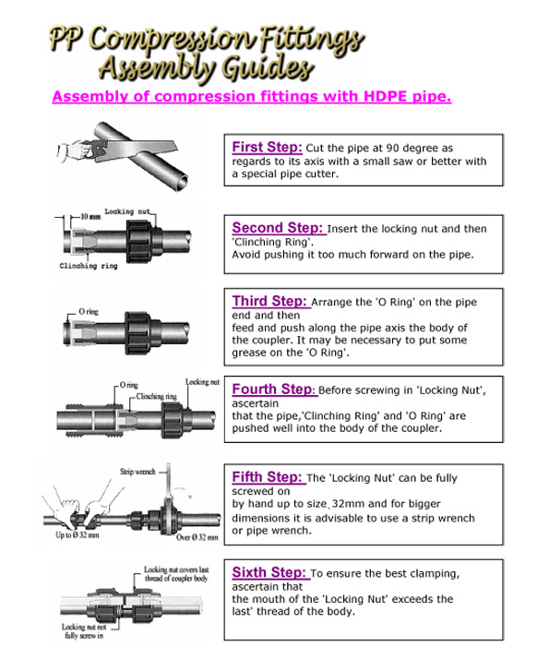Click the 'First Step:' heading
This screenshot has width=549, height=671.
pyautogui.click(x=267, y=147)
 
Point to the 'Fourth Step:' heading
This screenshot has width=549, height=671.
pyautogui.click(x=274, y=389)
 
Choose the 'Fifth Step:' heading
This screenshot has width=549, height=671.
pyautogui.click(x=268, y=477)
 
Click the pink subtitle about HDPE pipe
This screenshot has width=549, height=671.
pyautogui.click(x=252, y=95)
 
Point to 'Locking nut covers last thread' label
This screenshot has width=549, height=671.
pyautogui.click(x=181, y=575)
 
